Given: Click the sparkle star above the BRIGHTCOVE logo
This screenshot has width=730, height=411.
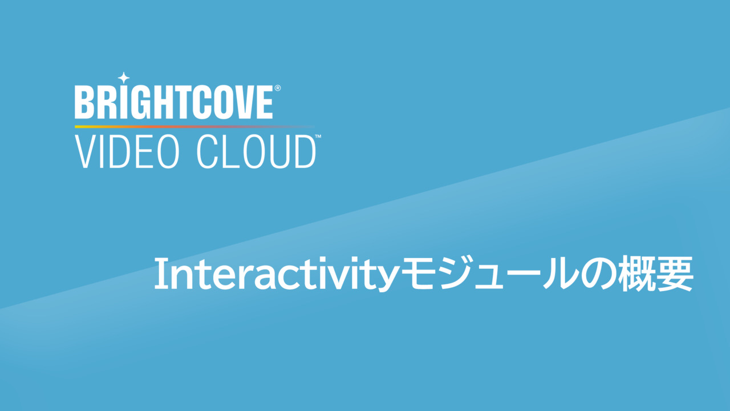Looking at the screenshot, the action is tap(124, 78).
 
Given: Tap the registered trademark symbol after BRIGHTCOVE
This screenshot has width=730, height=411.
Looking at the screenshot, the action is tap(278, 88).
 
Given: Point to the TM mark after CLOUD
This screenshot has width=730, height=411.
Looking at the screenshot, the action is tap(318, 136).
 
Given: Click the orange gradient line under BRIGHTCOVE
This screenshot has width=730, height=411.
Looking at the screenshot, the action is tap(194, 127).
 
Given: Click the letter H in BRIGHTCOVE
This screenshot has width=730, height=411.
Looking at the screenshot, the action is tap(153, 102).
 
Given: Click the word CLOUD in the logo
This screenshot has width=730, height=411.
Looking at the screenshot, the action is tap(256, 152).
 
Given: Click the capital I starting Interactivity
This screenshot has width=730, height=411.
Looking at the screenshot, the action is tap(159, 273).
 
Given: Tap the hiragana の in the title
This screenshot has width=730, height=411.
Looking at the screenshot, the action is tap(599, 275).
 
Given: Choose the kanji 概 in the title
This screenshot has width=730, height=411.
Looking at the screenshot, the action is tap(637, 273).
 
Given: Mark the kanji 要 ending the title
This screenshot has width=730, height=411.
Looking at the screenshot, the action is tap(675, 273).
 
